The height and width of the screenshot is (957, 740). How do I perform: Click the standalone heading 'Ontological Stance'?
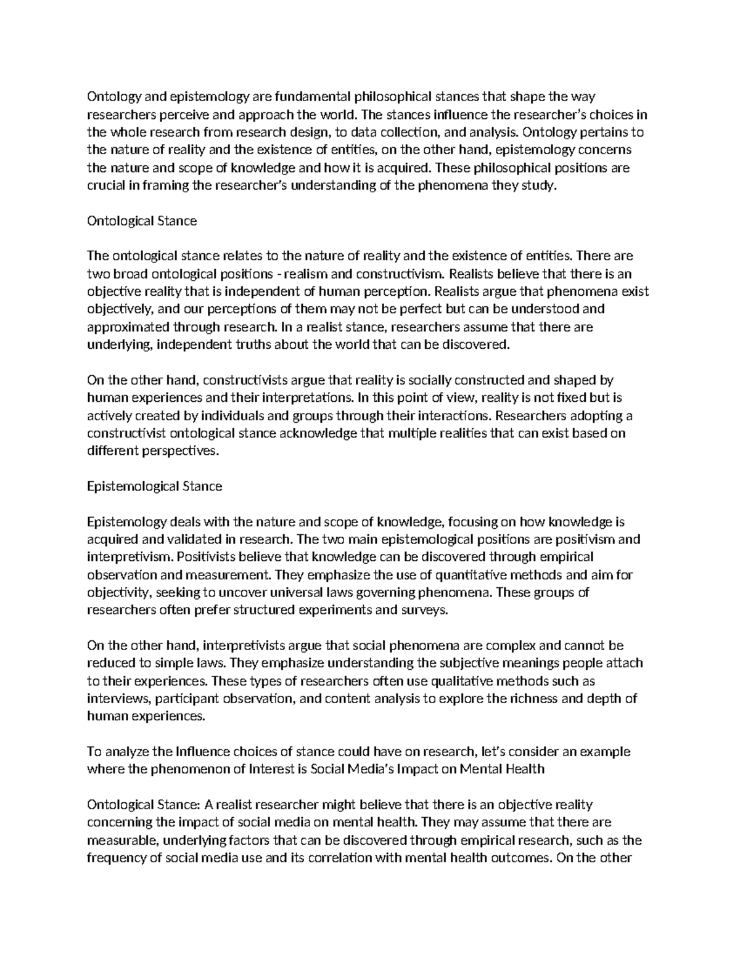[142, 221]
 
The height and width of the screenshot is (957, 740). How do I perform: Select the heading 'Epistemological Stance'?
[154, 486]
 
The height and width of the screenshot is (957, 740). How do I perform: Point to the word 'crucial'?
[105, 185]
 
